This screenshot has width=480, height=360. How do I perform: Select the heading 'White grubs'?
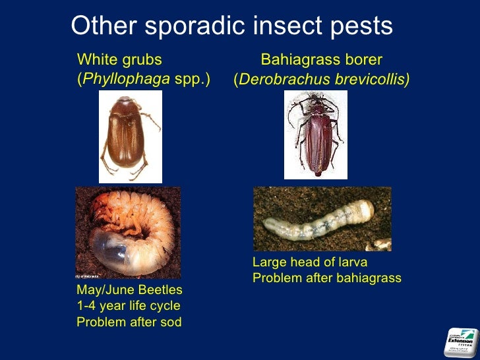pyautogui.click(x=119, y=60)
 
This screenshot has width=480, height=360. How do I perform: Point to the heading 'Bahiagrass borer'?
pyautogui.click(x=322, y=60)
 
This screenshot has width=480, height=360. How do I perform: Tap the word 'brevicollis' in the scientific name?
pyautogui.click(x=370, y=80)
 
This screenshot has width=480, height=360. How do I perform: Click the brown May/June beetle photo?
pyautogui.click(x=131, y=136)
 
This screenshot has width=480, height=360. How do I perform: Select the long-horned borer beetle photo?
pyautogui.click(x=315, y=135)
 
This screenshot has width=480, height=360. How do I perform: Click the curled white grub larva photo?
pyautogui.click(x=127, y=232)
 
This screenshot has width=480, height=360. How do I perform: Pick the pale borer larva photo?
pyautogui.click(x=322, y=219)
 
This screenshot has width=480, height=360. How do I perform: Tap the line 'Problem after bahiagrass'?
pyautogui.click(x=326, y=278)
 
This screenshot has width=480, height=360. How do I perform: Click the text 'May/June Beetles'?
pyautogui.click(x=129, y=290)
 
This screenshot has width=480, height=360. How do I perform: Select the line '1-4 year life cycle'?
pyautogui.click(x=128, y=306)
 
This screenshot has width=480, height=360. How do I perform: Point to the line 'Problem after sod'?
pyautogui.click(x=129, y=322)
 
